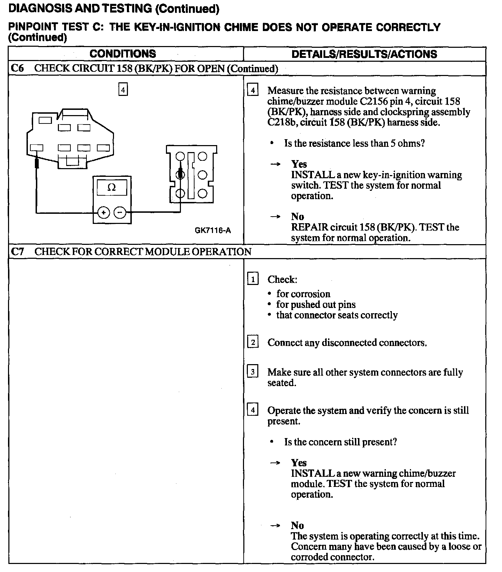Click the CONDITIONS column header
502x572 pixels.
pos(123,54)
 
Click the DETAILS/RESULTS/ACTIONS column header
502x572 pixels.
pos(364,54)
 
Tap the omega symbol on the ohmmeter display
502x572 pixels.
pos(112,188)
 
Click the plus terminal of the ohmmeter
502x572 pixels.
pos(104,212)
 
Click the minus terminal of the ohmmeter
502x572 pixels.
pos(120,212)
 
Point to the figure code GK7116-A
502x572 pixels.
pos(213,230)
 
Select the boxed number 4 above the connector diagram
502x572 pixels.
pos(123,90)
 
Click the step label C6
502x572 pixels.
pos(17,68)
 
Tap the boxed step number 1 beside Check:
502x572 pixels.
pos(253,279)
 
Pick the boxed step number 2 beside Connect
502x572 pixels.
pos(253,342)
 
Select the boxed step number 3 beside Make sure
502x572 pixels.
pos(253,372)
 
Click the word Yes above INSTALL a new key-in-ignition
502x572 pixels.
pos(299,164)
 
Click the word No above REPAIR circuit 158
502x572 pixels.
pos(297,217)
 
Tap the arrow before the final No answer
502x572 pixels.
pos(275,525)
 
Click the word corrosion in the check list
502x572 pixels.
pos(303,294)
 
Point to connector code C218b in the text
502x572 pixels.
pos(282,122)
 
